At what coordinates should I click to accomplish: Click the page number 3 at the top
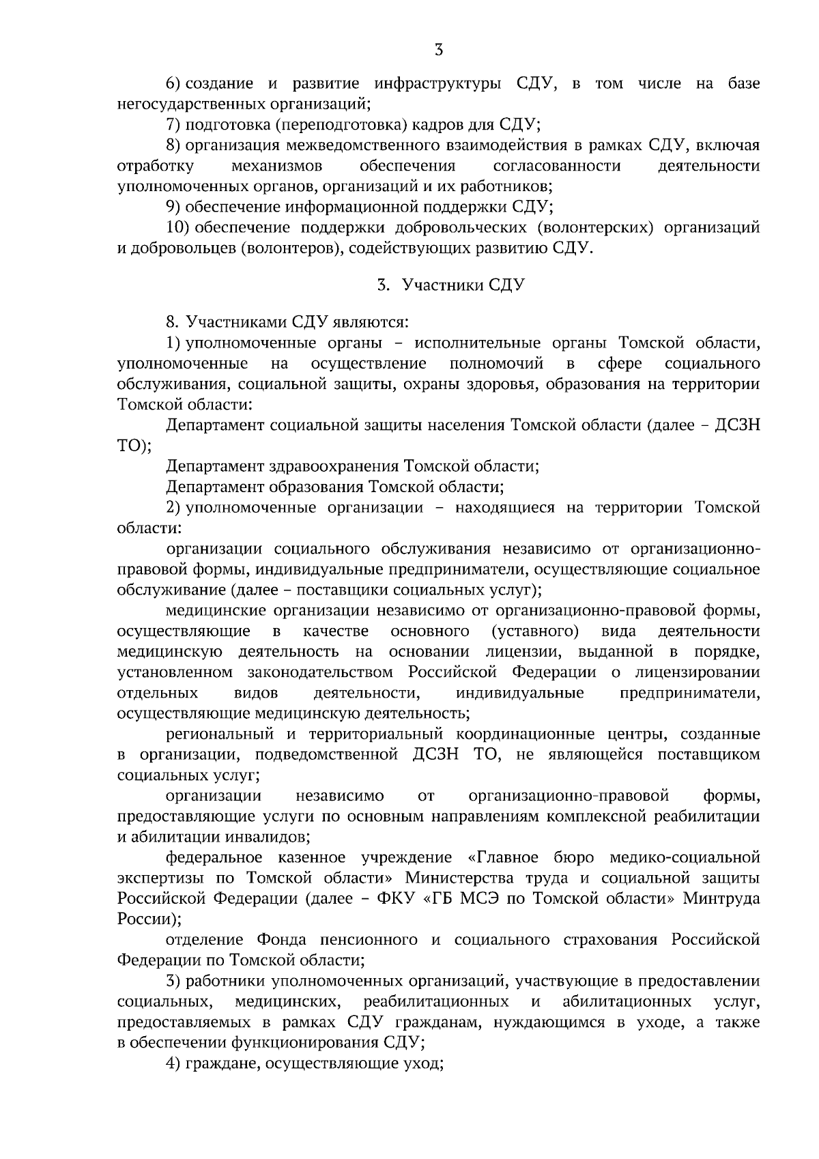pyautogui.click(x=439, y=49)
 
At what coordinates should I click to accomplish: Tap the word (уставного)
pyautogui.click(x=535, y=631)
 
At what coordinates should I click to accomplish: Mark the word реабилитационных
pyautogui.click(x=436, y=1002)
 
